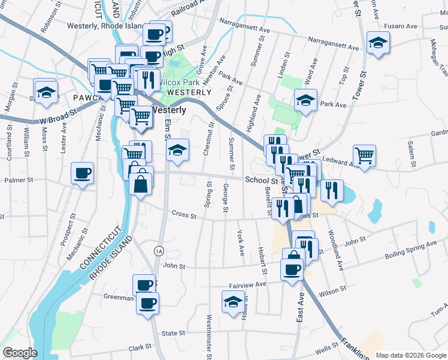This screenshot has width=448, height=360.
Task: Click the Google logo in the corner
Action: point(19,353)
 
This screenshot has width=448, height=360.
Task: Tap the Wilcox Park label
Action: point(178,82)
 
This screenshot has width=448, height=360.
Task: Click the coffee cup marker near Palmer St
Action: point(82,173)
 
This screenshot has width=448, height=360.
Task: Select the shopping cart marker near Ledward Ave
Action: point(364,155)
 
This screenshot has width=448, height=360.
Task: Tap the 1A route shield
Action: point(158,250)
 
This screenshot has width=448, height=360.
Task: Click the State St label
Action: point(173,333)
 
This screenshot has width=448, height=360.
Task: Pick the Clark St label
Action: point(140,348)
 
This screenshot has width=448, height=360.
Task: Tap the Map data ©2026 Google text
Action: point(411,355)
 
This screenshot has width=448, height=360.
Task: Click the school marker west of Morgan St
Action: point(45,92)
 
